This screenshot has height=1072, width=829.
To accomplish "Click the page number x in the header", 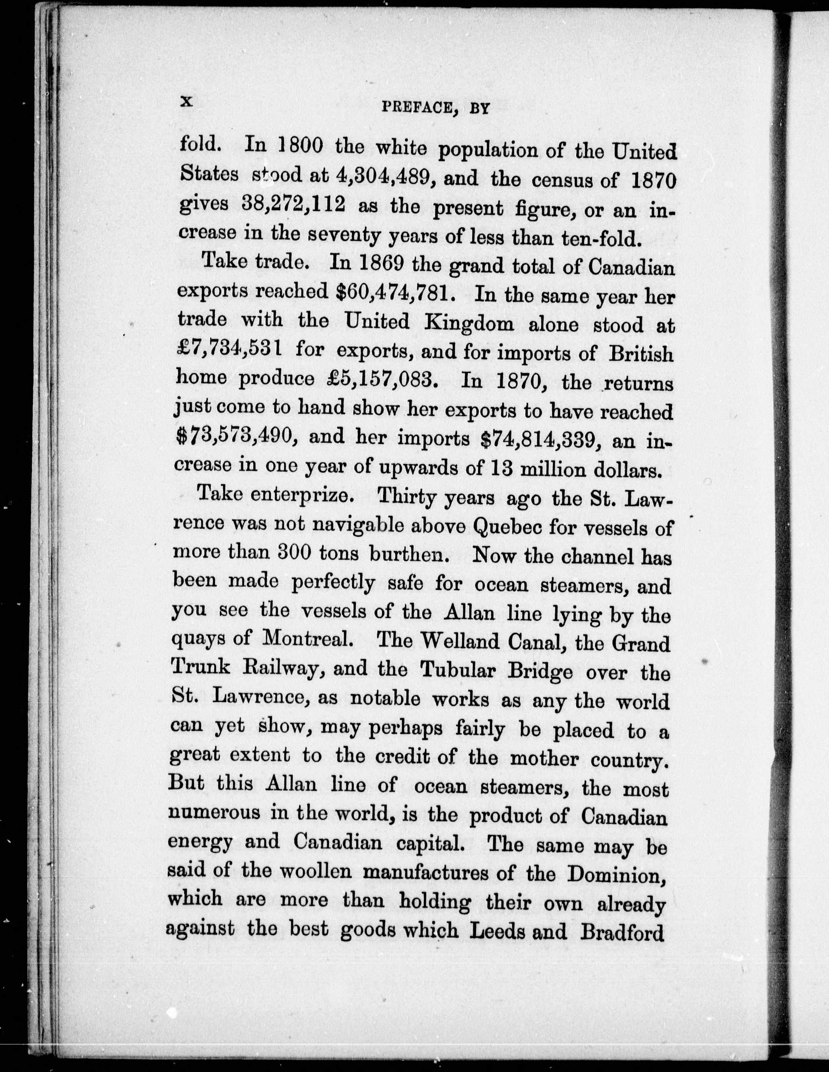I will [187, 102].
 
